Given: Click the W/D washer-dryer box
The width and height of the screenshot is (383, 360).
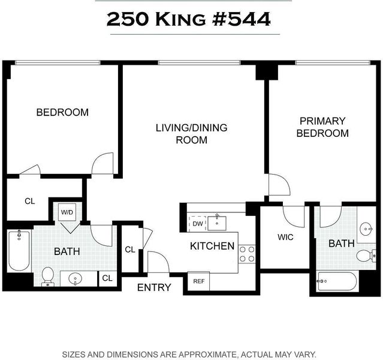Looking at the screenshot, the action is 67,212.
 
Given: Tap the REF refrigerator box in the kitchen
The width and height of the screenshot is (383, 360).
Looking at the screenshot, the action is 198,281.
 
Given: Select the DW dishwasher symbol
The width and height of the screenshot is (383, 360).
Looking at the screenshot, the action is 198,224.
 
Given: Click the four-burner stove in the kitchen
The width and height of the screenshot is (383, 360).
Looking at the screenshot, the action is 247,254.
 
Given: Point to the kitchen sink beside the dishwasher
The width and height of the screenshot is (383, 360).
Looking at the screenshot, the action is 216,223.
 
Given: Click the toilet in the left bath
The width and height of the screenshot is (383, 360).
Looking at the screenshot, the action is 47,277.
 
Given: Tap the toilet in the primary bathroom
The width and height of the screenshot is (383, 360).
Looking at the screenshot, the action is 366,256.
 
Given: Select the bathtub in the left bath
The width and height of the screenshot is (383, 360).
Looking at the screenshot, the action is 19,250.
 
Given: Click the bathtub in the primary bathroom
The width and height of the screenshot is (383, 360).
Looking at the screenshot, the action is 337,281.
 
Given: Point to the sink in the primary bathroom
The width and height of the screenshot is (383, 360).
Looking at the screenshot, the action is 366,229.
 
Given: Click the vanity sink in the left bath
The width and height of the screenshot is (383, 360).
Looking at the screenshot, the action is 76,278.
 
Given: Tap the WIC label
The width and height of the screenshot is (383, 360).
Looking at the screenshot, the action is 285,237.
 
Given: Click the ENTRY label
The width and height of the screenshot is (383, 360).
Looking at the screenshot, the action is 154,287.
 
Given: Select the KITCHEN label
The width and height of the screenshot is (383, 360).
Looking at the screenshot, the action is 212,246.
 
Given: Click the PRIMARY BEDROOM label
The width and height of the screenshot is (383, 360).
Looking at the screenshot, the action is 322,127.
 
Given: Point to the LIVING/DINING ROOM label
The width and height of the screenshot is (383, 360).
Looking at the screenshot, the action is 192,134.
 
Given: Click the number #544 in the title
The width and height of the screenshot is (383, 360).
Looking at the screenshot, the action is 242,19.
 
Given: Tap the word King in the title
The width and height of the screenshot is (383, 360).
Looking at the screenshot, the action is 180,19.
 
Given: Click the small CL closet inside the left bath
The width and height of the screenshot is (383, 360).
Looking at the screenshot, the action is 107,278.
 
